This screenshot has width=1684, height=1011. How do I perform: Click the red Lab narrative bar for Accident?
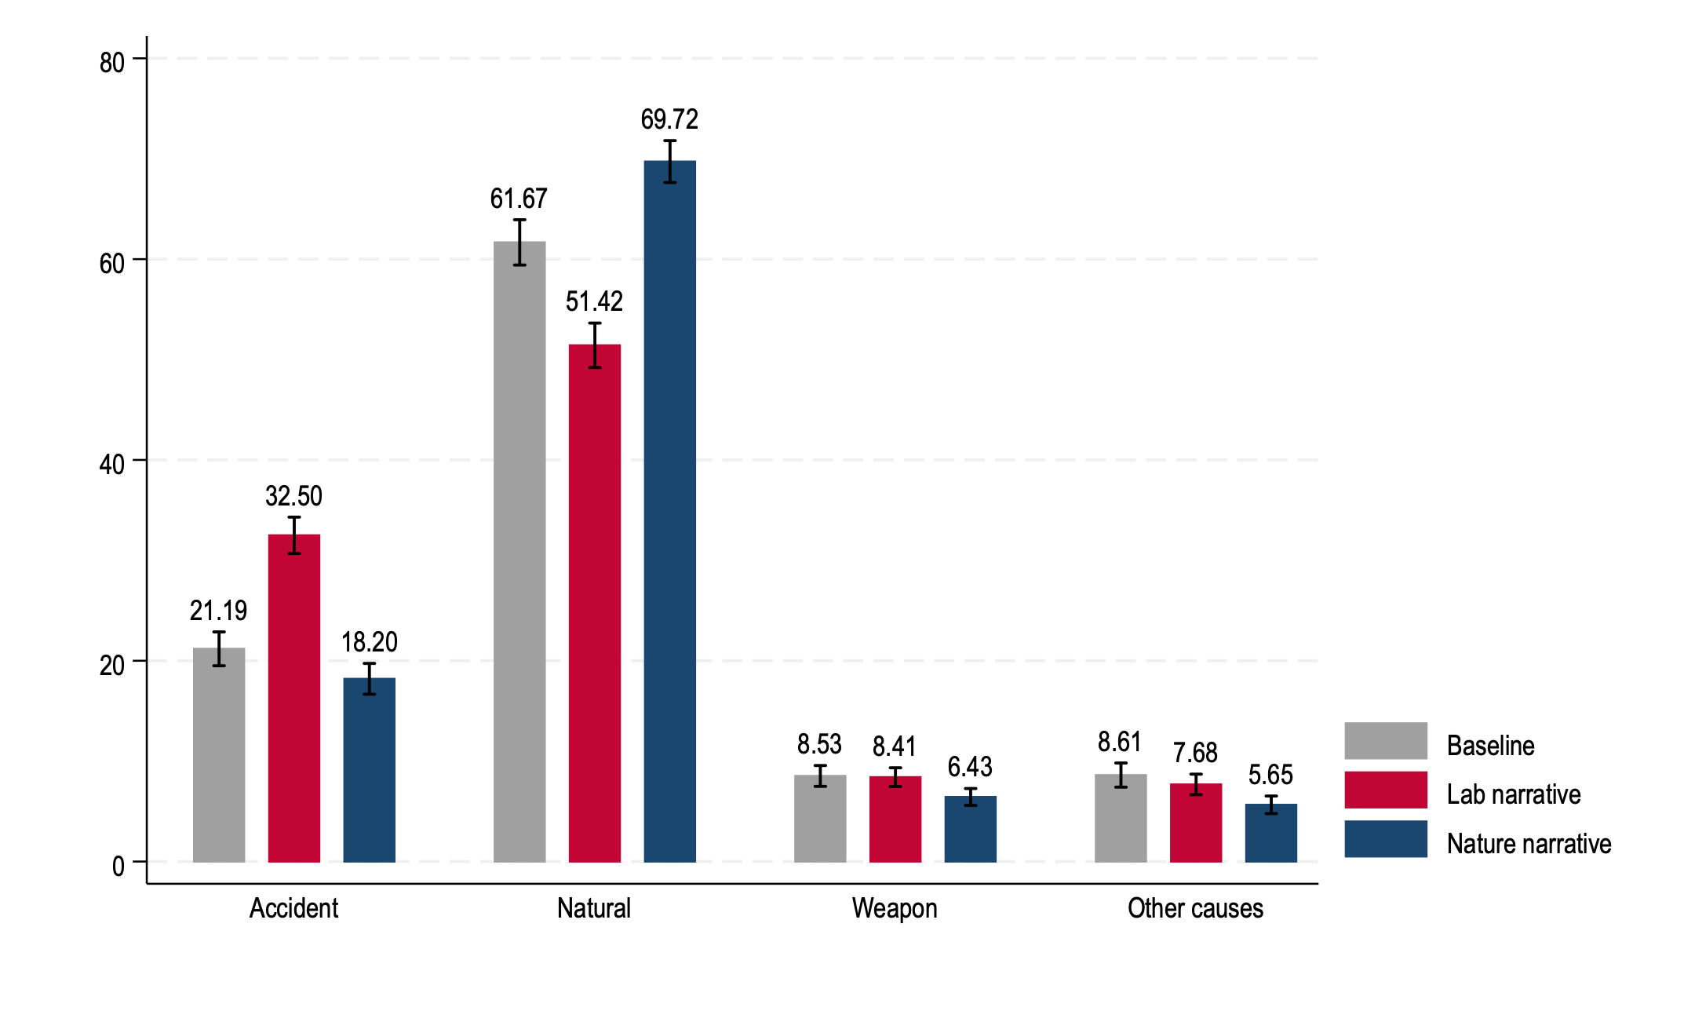pyautogui.click(x=294, y=698)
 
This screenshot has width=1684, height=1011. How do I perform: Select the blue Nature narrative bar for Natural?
pyautogui.click(x=669, y=511)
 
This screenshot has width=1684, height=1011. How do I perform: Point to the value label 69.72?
pyautogui.click(x=669, y=119)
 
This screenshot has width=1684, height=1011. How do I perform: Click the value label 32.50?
pyautogui.click(x=294, y=496)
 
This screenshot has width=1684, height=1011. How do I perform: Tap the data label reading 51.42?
pyautogui.click(x=594, y=301)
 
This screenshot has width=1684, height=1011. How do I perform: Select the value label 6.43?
pyautogui.click(x=970, y=767)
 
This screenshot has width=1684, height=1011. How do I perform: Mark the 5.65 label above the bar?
pyautogui.click(x=1270, y=776)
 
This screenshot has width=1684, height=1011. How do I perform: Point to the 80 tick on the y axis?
pyautogui.click(x=112, y=63)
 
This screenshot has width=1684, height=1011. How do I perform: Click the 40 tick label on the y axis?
pyautogui.click(x=112, y=465)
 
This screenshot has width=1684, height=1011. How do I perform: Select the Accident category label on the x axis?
pyautogui.click(x=293, y=908)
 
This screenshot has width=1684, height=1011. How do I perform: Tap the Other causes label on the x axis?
pyautogui.click(x=1195, y=908)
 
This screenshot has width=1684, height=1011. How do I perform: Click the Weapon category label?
pyautogui.click(x=895, y=908)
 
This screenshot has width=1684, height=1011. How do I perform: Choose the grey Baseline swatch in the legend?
pyautogui.click(x=1385, y=741)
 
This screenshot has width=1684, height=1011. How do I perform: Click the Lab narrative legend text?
pyautogui.click(x=1513, y=794)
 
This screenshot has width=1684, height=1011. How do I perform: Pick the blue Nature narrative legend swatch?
pyautogui.click(x=1385, y=839)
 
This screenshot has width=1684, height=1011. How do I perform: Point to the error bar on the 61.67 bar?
pyautogui.click(x=519, y=243)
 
